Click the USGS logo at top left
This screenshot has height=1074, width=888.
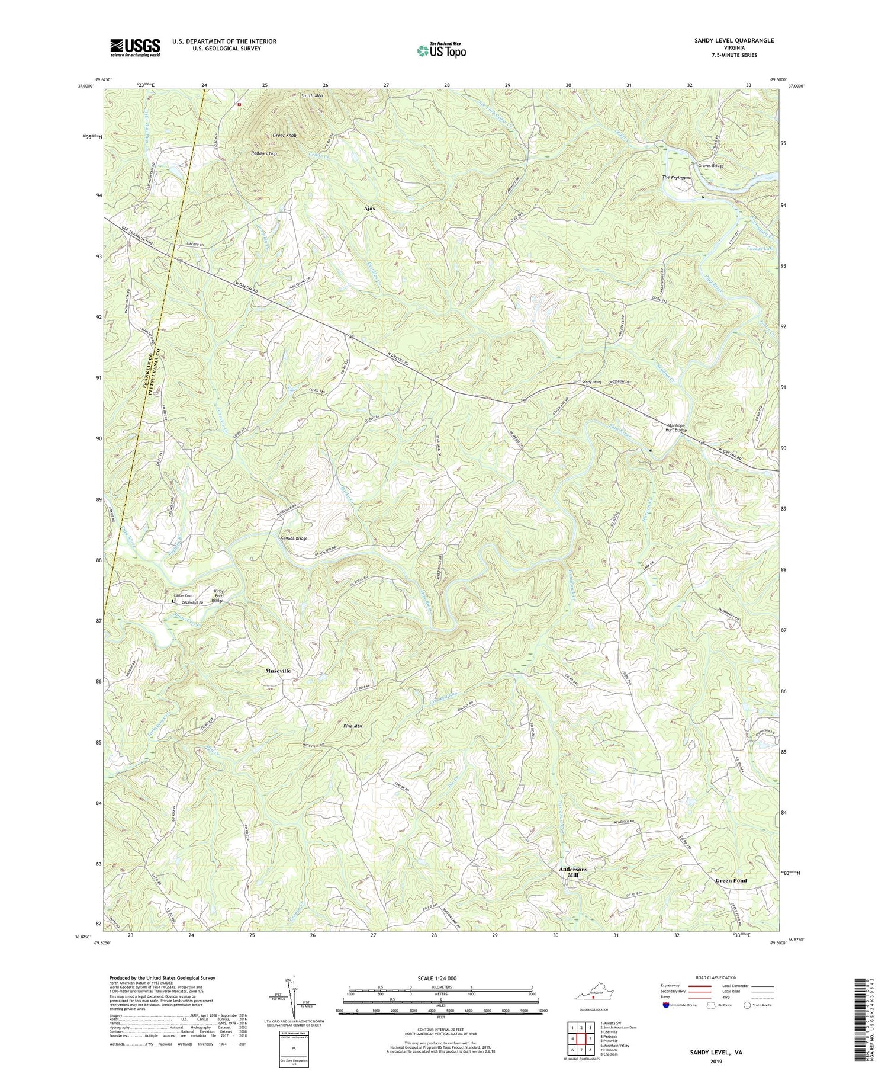tap(135, 47)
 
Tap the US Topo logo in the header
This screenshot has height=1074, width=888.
tap(441, 51)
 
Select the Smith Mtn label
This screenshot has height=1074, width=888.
tap(311, 95)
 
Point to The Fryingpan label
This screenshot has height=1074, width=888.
tap(677, 178)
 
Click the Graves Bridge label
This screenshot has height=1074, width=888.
tap(710, 166)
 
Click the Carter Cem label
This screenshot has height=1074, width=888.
tap(183, 595)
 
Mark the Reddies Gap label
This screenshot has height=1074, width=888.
tap(264, 153)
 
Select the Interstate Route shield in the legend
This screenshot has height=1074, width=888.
tap(667, 1005)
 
